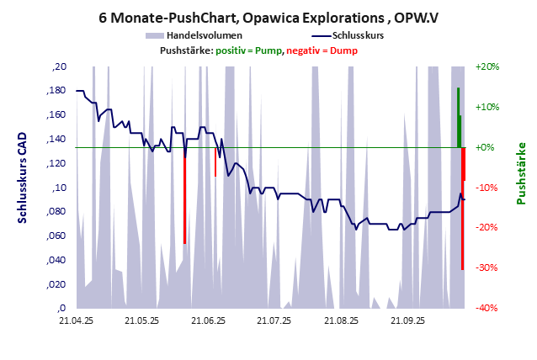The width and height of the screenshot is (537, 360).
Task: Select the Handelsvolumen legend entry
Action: click(x=194, y=35)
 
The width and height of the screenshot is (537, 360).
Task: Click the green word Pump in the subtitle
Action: click(x=267, y=50)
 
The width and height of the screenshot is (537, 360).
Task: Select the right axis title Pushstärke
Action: click(x=520, y=173)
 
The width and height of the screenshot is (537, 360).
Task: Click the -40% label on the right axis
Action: click(x=487, y=308)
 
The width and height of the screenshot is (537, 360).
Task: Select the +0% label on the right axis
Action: click(x=486, y=147)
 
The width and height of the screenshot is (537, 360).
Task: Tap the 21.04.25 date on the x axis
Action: click(x=76, y=320)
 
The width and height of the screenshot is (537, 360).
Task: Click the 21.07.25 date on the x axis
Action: click(x=274, y=320)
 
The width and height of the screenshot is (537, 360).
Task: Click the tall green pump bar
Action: click(x=459, y=118)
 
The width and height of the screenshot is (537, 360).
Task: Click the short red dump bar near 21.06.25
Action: click(x=215, y=161)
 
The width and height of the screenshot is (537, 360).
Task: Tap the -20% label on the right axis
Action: click(x=487, y=227)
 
